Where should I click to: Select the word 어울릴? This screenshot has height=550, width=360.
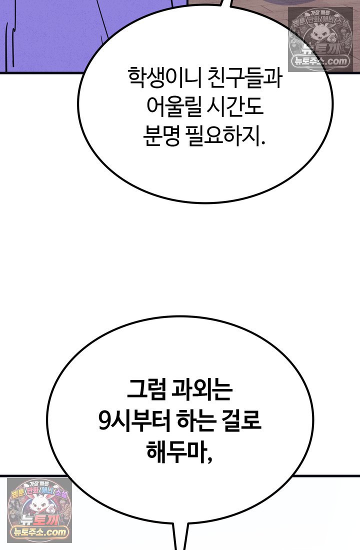pyautogui.click(x=174, y=106)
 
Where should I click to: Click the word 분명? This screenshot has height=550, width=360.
pyautogui.click(x=161, y=136)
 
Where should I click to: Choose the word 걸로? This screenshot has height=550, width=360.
pyautogui.click(x=242, y=421)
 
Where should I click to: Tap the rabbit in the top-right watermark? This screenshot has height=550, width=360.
pyautogui.click(x=320, y=37)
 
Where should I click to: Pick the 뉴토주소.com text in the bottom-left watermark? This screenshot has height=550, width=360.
pyautogui.click(x=39, y=532)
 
